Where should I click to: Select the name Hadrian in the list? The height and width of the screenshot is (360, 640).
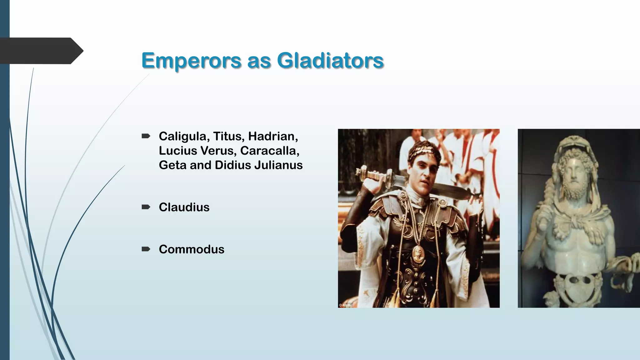coord(273,136)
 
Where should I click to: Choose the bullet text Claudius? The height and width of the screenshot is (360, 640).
coord(184,207)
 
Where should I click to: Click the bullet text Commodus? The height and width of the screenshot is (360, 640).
coord(191,249)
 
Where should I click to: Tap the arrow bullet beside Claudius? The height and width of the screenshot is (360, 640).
coord(146,207)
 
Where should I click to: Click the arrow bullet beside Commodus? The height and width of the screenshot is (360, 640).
coord(146,249)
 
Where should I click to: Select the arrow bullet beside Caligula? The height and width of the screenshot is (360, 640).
coord(146,136)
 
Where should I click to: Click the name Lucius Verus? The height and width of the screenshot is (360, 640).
coord(197,151)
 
